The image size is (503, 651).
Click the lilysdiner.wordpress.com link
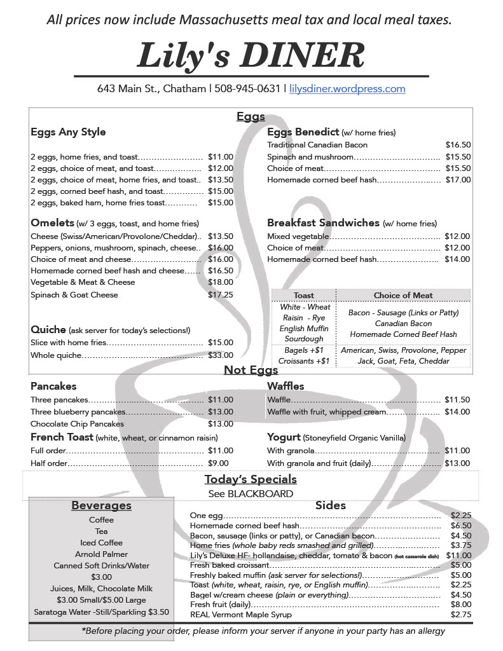click(x=347, y=89)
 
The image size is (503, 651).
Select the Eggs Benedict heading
click(x=303, y=132)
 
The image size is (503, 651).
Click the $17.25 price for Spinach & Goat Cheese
click(x=221, y=295)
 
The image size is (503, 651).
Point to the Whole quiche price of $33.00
click(x=221, y=355)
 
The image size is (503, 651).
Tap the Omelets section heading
click(x=52, y=223)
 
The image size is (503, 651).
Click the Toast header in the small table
click(x=304, y=296)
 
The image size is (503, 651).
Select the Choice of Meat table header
click(x=403, y=296)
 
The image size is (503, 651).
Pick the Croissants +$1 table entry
click(x=304, y=361)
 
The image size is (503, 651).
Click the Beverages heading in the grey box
click(x=101, y=506)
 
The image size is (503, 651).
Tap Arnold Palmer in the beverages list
click(x=101, y=554)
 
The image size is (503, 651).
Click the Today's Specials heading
click(x=251, y=479)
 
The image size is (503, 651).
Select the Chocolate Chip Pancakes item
click(x=77, y=424)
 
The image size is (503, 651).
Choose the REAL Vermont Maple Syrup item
click(x=241, y=615)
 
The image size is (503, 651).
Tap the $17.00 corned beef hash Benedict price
click(x=458, y=180)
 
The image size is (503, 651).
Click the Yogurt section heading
click(x=284, y=437)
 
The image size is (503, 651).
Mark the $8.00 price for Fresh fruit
click(x=461, y=605)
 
